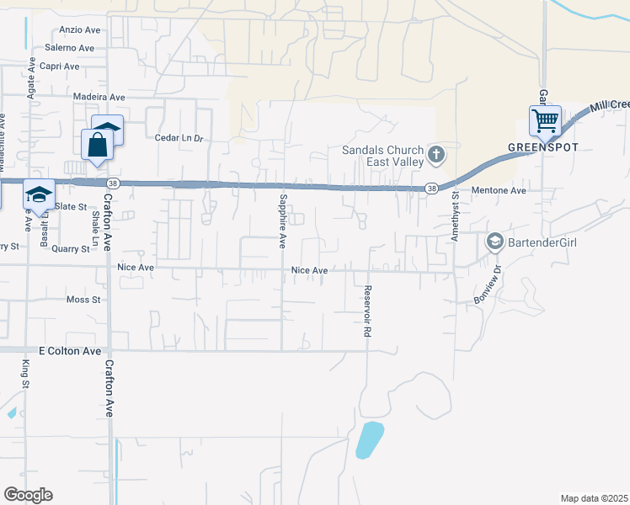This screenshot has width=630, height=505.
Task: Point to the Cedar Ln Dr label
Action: click(x=179, y=138)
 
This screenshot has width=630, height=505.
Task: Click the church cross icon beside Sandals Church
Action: click(x=435, y=154)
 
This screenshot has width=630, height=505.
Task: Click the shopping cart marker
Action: click(x=545, y=121)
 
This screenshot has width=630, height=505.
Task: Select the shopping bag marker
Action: click(x=98, y=144)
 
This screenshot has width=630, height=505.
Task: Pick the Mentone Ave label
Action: click(x=498, y=191)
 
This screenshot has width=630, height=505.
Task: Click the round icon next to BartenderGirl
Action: click(x=494, y=242)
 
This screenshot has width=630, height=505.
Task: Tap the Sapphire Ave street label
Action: click(x=282, y=221)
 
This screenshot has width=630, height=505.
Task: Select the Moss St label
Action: click(x=83, y=300)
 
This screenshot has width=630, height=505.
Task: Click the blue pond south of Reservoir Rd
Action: click(x=370, y=439)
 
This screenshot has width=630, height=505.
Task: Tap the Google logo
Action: click(x=28, y=494)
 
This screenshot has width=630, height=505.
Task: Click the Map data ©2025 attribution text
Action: click(x=595, y=498)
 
